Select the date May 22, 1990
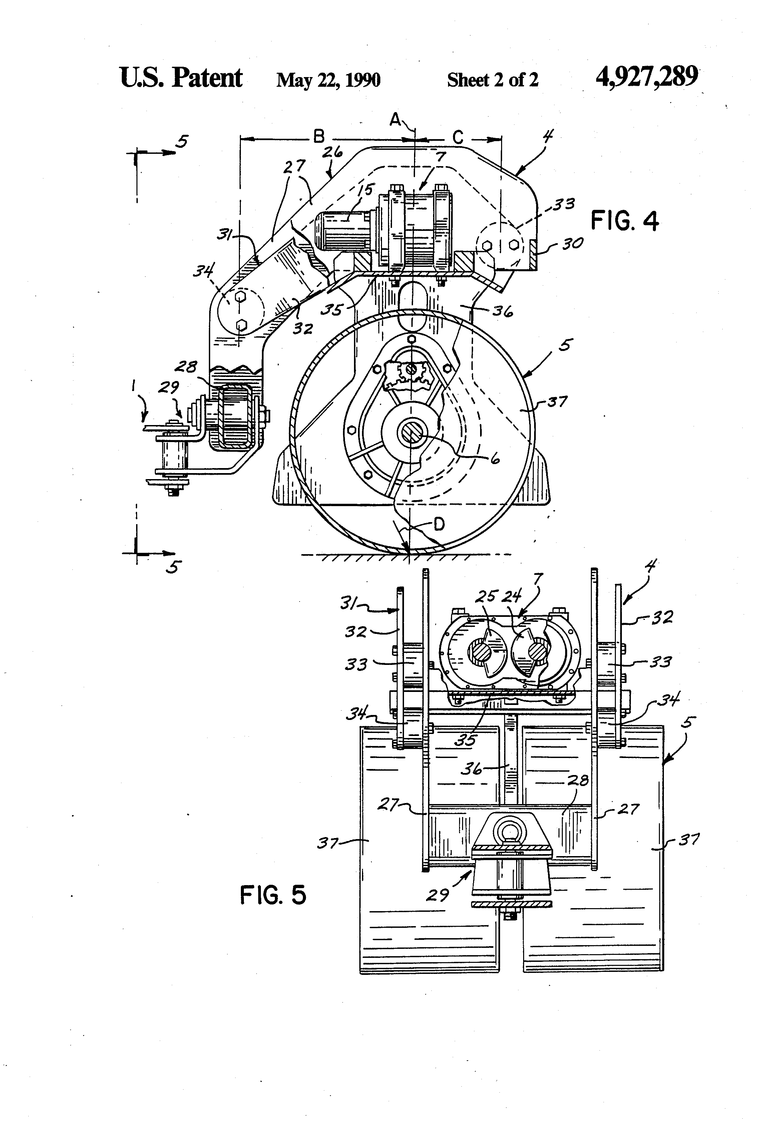[328, 80]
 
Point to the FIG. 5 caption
[273, 895]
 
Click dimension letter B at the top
[319, 136]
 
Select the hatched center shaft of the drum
[410, 432]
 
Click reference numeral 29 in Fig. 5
[437, 895]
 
